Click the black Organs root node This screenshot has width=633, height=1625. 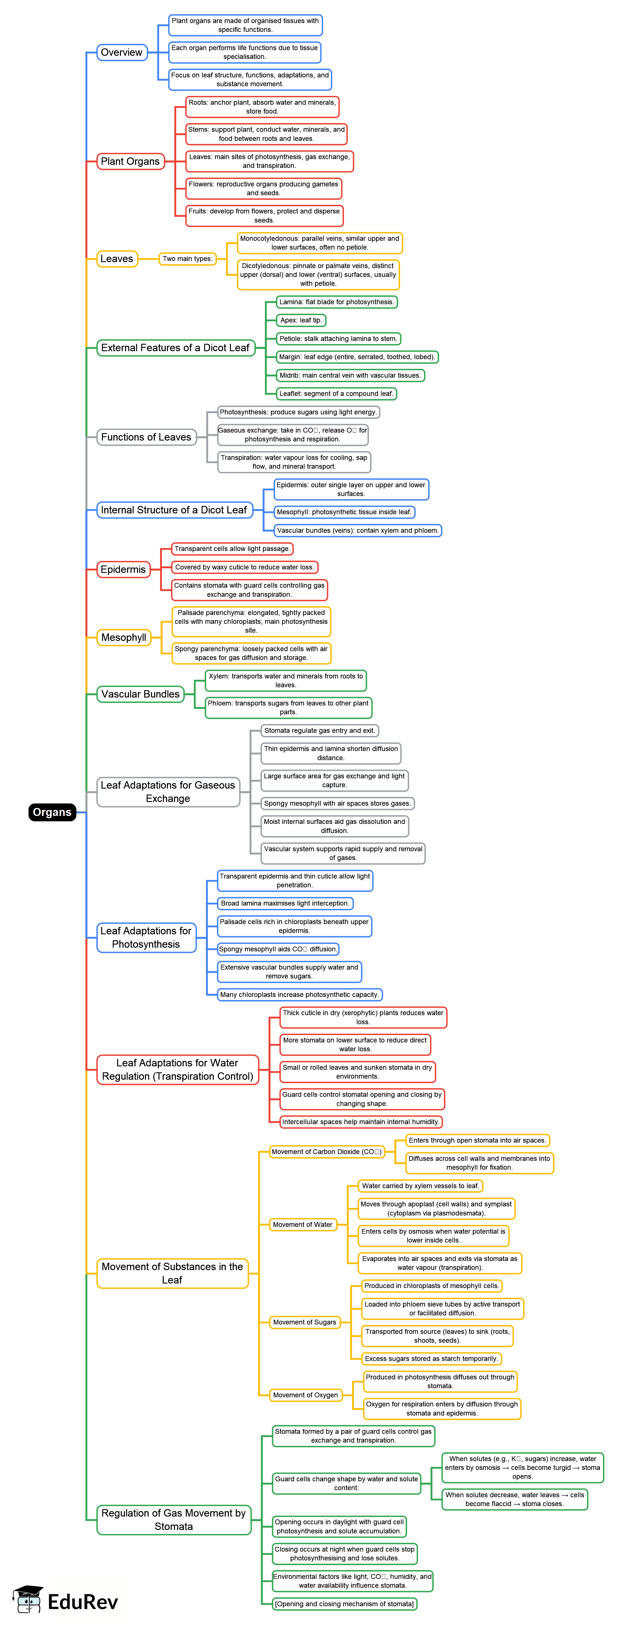[52, 812]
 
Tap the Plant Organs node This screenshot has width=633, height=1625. [130, 161]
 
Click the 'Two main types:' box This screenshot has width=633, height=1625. [187, 259]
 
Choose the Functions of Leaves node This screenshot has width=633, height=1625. [146, 437]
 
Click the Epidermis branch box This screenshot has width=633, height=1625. [123, 570]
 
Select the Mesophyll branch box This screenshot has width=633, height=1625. [124, 638]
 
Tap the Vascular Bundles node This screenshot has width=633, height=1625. [140, 694]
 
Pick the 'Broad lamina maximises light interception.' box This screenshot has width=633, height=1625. [285, 903]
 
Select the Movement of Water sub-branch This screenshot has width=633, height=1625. [302, 1224]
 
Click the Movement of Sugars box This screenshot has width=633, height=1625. [305, 1322]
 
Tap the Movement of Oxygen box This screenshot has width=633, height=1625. [306, 1395]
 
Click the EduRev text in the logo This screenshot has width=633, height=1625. [83, 1602]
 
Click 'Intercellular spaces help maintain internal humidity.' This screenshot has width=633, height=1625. [361, 1122]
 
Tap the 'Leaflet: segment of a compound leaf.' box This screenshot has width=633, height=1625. [336, 394]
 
